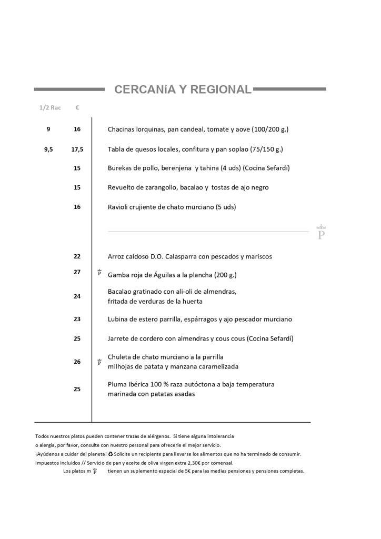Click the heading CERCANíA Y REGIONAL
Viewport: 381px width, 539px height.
coord(183,89)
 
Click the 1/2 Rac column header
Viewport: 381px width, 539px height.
coord(50,108)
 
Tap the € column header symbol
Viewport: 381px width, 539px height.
coord(77,108)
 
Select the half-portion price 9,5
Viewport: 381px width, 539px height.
coord(48,149)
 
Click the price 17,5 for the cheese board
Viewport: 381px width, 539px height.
coord(77,149)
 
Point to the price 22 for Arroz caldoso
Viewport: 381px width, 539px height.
coord(77,256)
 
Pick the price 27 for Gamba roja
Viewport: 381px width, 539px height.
coord(77,272)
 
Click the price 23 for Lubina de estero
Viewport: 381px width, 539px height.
coord(77,319)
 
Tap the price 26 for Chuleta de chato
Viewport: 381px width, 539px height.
coord(77,362)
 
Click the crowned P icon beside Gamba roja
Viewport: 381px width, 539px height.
coord(99,273)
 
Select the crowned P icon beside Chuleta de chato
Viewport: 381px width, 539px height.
coord(99,362)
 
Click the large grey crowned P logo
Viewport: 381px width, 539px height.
coord(321,232)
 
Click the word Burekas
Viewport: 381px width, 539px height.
coord(119,168)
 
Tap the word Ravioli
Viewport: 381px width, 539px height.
coord(118,207)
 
